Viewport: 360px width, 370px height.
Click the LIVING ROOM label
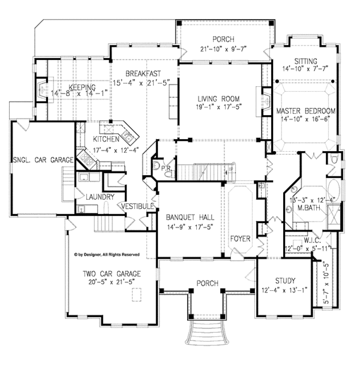coord(219,98)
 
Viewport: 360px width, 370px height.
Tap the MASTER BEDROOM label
coord(305,112)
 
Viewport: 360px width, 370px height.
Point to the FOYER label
coord(241,239)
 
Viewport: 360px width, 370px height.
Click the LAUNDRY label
coord(96,196)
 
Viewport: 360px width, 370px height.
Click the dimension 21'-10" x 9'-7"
coord(224,49)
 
